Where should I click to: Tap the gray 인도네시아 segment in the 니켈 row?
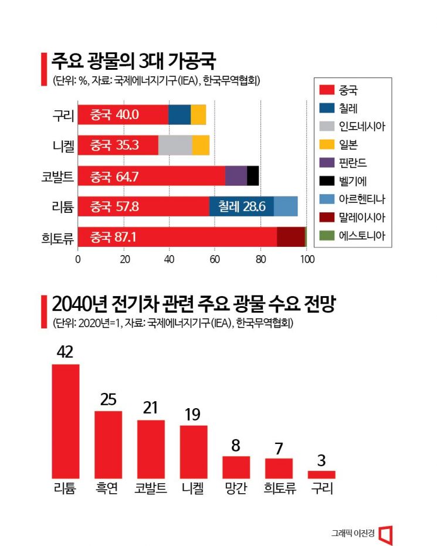pyautogui.click(x=175, y=145)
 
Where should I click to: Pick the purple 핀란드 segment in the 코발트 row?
pyautogui.click(x=236, y=175)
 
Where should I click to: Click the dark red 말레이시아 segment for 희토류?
pyautogui.click(x=290, y=236)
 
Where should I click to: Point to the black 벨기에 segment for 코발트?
pyautogui.click(x=253, y=175)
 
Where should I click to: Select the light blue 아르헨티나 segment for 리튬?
pyautogui.click(x=286, y=206)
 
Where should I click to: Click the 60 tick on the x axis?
pyautogui.click(x=215, y=259)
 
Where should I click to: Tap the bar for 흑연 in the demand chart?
pyautogui.click(x=109, y=444)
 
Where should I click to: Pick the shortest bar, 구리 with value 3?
pyautogui.click(x=321, y=474)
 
